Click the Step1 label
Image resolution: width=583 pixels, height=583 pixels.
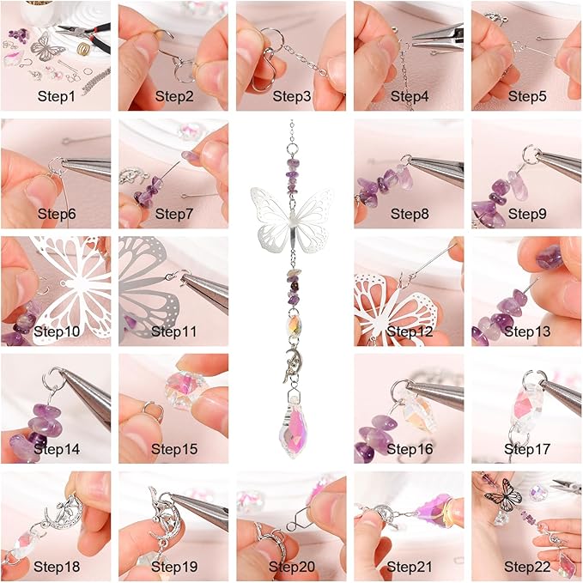tap(57, 96)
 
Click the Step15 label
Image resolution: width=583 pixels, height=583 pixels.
tap(173, 448)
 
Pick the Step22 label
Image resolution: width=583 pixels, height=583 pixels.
tap(525, 566)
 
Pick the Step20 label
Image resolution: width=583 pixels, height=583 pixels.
tap(290, 566)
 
